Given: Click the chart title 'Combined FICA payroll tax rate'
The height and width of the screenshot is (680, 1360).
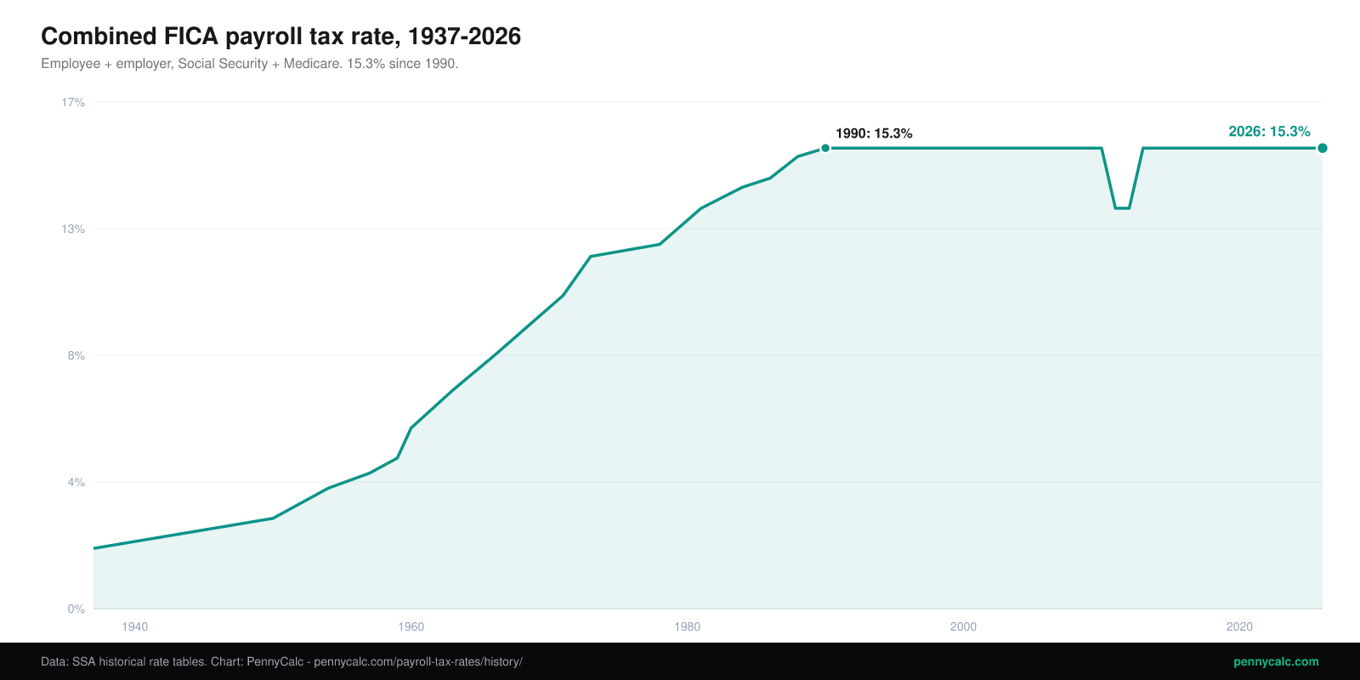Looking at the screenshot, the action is tap(221, 37).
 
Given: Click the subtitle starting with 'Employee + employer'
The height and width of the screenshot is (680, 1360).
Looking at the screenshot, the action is tap(250, 64).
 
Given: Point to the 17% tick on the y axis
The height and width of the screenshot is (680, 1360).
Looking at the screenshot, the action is tap(73, 103).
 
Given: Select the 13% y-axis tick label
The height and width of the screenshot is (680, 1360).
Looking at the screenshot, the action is tap(73, 229).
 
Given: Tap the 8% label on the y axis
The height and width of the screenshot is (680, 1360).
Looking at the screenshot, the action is tap(76, 356).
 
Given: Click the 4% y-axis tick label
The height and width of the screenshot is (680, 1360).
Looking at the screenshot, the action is tap(76, 483).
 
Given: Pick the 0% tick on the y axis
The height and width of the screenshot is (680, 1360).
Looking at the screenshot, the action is tap(76, 609).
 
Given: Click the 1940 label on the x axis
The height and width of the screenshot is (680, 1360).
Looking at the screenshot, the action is tap(135, 626).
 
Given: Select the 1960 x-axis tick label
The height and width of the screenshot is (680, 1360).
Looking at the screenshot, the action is tap(411, 626).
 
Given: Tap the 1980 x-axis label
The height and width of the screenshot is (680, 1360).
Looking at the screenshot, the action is tap(688, 626).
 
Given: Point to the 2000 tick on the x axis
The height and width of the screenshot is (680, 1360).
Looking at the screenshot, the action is tap(964, 626).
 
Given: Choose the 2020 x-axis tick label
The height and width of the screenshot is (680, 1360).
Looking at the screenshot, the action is tap(1239, 626).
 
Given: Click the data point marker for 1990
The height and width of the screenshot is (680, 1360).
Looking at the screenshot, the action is tap(825, 148).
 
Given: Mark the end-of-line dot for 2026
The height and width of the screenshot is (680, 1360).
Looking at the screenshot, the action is tap(1323, 148).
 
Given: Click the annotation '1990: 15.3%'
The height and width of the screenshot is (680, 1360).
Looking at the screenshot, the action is tap(874, 133).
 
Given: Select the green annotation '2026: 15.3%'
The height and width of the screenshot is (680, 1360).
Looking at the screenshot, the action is tap(1270, 132).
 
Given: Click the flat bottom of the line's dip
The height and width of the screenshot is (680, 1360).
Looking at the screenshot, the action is tap(1122, 208).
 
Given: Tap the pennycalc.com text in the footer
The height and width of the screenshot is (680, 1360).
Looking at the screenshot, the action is tap(1276, 662).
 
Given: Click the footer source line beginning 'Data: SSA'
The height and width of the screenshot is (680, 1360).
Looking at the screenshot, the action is tap(281, 662).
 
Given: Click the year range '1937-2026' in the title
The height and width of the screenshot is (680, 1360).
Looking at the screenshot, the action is tap(464, 37).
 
